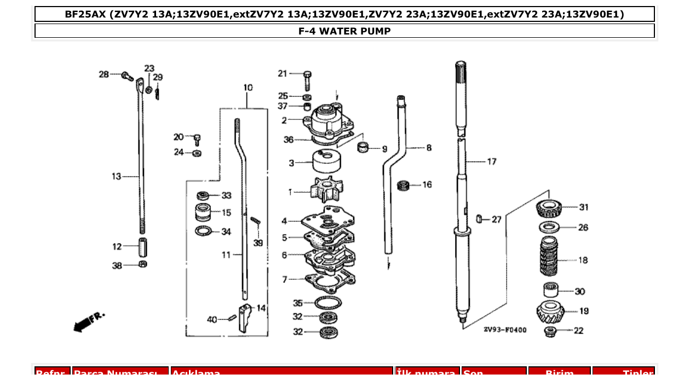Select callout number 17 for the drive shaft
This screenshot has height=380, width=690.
click(x=491, y=162)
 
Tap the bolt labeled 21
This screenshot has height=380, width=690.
click(x=307, y=80)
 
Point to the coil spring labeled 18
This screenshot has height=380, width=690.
click(x=549, y=257)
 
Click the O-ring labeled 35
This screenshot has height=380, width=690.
click(x=328, y=302)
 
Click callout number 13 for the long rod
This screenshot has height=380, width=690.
click(x=116, y=176)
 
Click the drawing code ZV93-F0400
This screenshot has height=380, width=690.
click(x=504, y=330)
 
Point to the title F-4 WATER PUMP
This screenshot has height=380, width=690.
click(x=344, y=31)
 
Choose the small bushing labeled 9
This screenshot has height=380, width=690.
click(x=362, y=147)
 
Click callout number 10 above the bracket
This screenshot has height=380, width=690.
click(x=248, y=88)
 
